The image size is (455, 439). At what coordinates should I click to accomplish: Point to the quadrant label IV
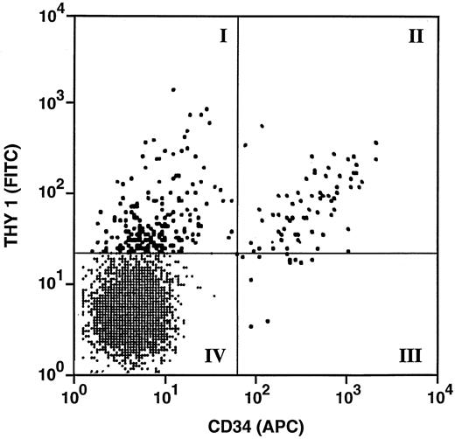click(x=216, y=356)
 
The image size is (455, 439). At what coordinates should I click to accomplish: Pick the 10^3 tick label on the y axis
click(x=50, y=103)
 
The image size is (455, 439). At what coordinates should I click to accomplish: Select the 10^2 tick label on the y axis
click(x=50, y=193)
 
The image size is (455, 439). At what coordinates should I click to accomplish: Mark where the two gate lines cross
click(x=239, y=254)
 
